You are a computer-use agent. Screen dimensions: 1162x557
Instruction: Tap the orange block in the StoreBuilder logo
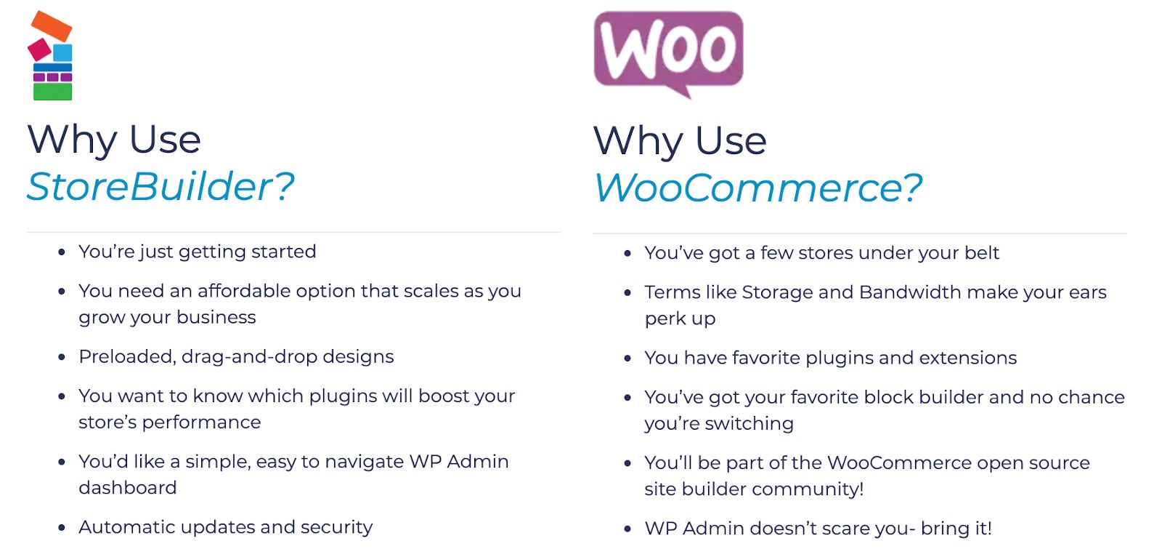(52, 26)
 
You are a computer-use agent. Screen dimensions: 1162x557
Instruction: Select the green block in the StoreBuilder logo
(52, 92)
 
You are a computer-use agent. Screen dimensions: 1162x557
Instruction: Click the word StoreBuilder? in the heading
(161, 187)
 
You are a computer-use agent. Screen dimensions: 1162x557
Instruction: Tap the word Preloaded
(127, 358)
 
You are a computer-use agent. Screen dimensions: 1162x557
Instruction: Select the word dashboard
(128, 488)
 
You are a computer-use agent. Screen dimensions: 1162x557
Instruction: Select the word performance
(201, 423)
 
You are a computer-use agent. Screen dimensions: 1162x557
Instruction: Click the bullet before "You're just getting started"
(62, 252)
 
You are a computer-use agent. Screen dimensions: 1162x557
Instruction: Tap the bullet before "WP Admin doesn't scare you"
(627, 529)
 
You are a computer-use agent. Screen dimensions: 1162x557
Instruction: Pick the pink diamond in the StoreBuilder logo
(39, 50)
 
